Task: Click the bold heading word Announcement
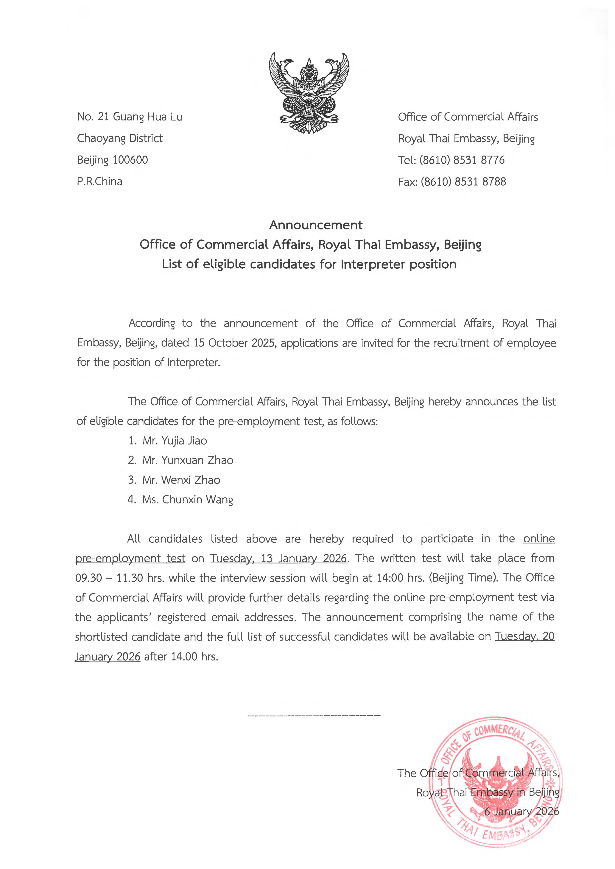pyautogui.click(x=316, y=225)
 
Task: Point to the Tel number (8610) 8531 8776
pyautogui.click(x=462, y=160)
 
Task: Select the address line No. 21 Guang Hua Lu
pyautogui.click(x=130, y=117)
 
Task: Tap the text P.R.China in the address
pyautogui.click(x=100, y=182)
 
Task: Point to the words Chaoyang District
pyautogui.click(x=120, y=139)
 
